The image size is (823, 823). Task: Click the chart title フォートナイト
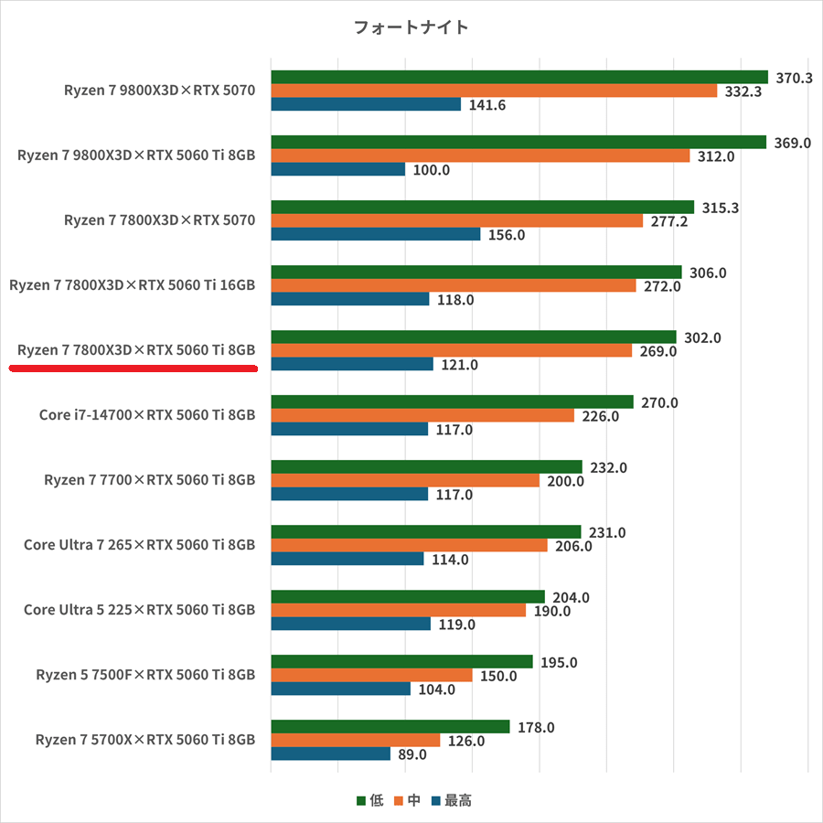[x=411, y=27]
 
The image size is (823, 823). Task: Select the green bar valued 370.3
[x=518, y=77]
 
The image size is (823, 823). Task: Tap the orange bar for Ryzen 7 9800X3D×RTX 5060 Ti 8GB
[x=480, y=155]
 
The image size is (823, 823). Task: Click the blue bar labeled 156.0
[x=375, y=234]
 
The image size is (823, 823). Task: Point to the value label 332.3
[x=743, y=91]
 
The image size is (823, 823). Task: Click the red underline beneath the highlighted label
[x=133, y=368]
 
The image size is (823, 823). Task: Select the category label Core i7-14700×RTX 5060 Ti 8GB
[x=147, y=415]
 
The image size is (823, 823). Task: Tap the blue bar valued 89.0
[x=330, y=754]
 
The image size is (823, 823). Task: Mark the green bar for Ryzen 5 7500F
[x=401, y=661]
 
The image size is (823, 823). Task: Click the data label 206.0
[x=573, y=546]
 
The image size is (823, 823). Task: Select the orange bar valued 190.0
[x=398, y=610]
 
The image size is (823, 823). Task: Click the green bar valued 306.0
[x=476, y=272]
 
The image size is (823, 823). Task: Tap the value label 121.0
[x=459, y=365]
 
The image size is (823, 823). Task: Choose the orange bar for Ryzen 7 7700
[x=404, y=480]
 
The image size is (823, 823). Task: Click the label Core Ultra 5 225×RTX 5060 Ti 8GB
[x=139, y=610]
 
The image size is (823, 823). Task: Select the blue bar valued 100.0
[x=337, y=169]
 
